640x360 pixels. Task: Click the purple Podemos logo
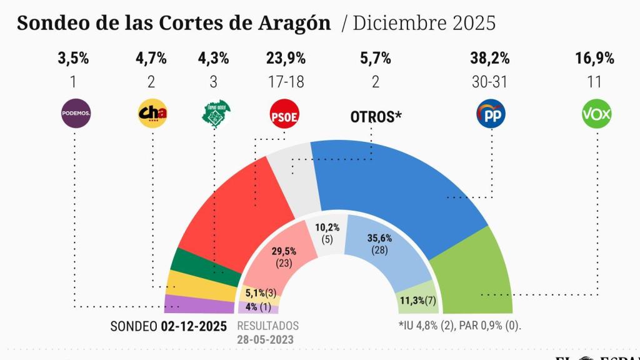coord(76,114)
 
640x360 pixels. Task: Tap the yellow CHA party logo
coord(152,114)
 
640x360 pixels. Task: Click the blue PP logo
coord(491,114)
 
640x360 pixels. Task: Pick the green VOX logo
coord(596,114)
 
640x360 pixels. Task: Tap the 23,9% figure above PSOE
coord(285,59)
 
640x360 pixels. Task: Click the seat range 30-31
coord(489,82)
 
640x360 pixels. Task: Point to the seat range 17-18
coord(285,82)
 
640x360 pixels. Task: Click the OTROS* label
coord(375,117)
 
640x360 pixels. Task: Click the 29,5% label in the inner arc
coord(284,251)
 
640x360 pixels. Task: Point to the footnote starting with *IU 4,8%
coord(459,326)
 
